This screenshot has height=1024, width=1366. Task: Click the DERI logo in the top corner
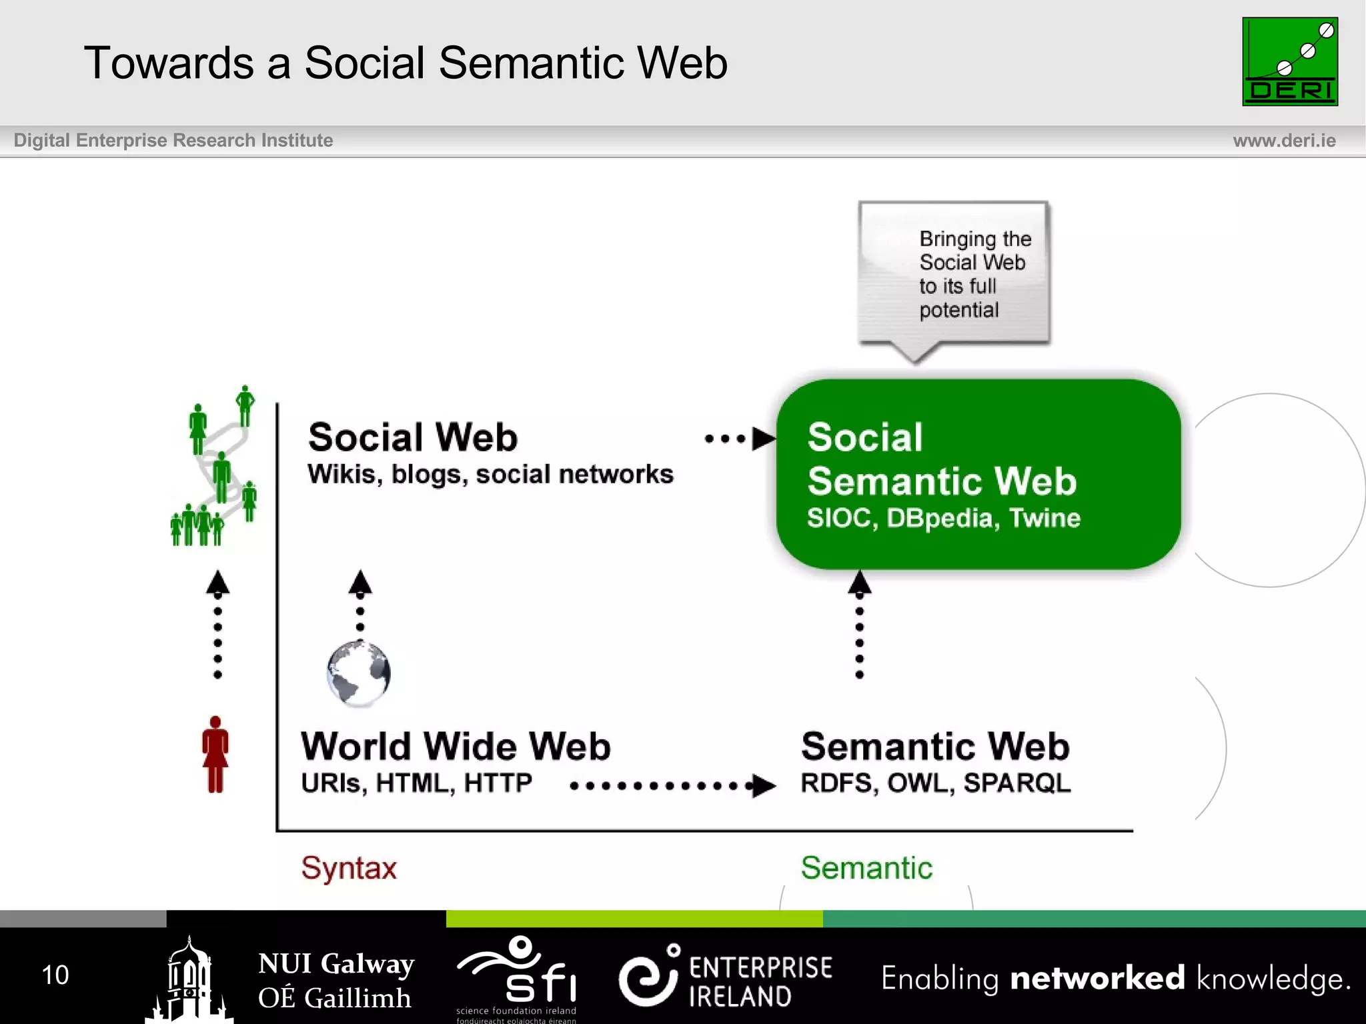[x=1289, y=61]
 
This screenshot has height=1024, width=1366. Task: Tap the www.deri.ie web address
[x=1284, y=141]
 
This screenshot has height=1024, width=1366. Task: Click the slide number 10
[x=55, y=975]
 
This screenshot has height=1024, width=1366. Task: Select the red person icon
[x=215, y=754]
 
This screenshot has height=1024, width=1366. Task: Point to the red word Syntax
[x=349, y=868]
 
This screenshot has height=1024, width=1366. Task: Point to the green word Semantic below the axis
[x=866, y=868]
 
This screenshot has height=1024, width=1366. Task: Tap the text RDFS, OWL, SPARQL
[x=935, y=783]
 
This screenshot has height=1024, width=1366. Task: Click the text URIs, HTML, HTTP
[x=416, y=783]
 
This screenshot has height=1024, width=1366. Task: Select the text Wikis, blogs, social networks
[x=490, y=475]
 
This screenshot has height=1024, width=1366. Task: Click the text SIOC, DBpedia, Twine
[x=943, y=518]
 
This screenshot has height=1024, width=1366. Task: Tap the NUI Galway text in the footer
[x=336, y=964]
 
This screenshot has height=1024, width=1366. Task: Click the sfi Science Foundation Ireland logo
[x=518, y=977]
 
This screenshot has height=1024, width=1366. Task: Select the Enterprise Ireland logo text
[x=760, y=981]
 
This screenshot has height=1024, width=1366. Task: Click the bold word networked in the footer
[x=1097, y=978]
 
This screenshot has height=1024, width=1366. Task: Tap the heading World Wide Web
[x=456, y=746]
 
